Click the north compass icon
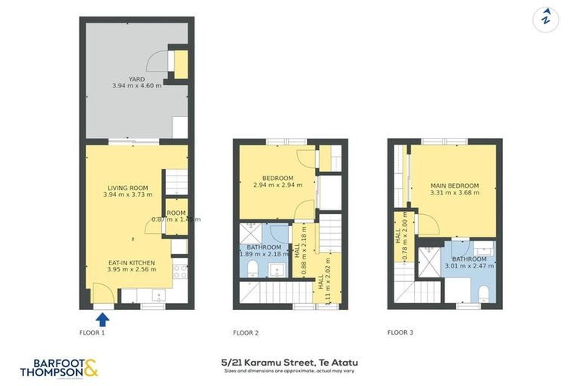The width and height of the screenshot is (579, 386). [545, 19]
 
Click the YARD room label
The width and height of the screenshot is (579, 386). [136, 78]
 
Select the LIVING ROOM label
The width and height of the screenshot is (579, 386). [127, 188]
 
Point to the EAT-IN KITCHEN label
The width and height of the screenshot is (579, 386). [131, 262]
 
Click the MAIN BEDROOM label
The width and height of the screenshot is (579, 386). [455, 185]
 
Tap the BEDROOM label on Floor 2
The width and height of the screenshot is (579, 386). [272, 178]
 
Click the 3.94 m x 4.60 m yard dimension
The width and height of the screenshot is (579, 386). [136, 86]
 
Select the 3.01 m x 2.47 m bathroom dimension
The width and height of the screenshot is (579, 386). [469, 265]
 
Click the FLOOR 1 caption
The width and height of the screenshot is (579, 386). [92, 332]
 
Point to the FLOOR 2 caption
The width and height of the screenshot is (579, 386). [246, 332]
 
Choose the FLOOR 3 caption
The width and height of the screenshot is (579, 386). [400, 332]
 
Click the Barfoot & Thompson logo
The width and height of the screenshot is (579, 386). [59, 368]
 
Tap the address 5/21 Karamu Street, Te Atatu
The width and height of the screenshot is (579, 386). [289, 363]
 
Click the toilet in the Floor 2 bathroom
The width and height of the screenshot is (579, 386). [253, 268]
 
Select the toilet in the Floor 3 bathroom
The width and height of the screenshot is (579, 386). [483, 293]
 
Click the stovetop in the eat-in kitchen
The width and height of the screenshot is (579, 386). [179, 271]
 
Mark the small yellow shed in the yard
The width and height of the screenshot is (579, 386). [180, 65]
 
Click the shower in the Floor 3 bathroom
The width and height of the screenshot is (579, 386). [430, 260]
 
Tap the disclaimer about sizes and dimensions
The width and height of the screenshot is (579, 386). [289, 371]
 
